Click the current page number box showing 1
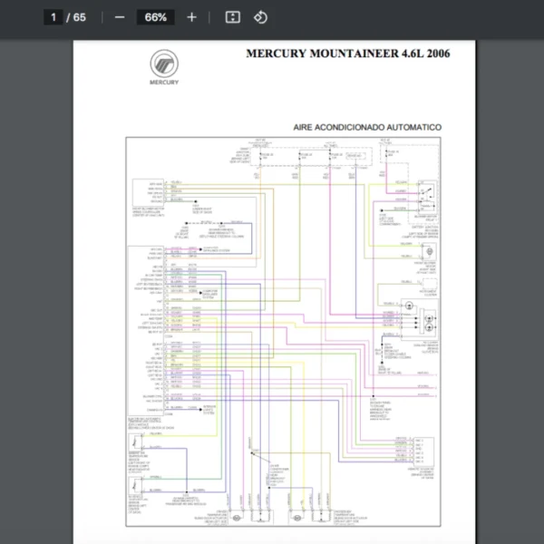(53, 17)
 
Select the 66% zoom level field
(155, 17)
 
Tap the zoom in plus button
(191, 17)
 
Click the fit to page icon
(232, 17)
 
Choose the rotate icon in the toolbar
(260, 17)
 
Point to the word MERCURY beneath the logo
(164, 83)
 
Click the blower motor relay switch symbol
(424, 191)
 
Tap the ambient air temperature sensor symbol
(137, 445)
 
